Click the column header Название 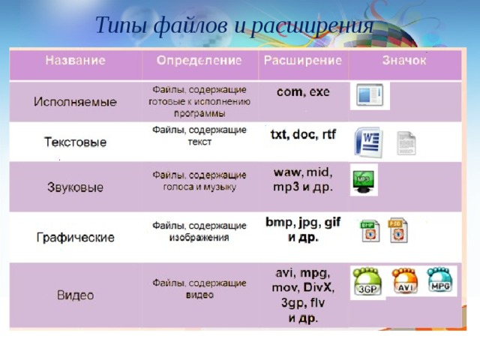[x=74, y=59]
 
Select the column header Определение [x=199, y=59]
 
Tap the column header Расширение [x=303, y=59]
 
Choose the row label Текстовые [x=75, y=142]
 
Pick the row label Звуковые [x=76, y=186]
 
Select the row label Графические [x=76, y=238]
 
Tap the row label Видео [x=76, y=295]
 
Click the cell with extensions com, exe [x=303, y=92]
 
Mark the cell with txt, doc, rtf [x=304, y=135]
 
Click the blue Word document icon [x=368, y=142]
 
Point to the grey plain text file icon [x=406, y=142]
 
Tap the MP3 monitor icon [x=364, y=181]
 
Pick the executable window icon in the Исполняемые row [x=370, y=96]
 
